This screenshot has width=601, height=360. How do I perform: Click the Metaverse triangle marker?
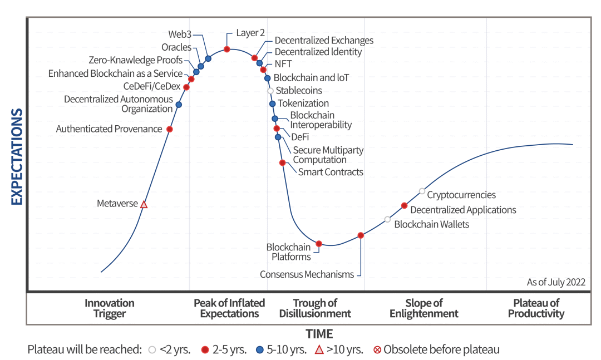144,204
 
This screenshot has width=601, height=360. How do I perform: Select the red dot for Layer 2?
227,50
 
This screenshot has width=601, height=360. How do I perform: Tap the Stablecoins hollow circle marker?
270,91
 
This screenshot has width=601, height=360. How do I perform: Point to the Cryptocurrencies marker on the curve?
422,191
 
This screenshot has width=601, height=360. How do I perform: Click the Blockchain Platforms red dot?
319,244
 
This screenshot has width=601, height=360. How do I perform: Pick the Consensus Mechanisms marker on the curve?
361,235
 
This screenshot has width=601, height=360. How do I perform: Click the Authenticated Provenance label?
109,129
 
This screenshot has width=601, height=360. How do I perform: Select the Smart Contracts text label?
331,172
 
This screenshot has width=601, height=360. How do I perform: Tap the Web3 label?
180,34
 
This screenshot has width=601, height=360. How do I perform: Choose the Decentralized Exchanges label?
324,41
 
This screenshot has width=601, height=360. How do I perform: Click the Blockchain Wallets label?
431,224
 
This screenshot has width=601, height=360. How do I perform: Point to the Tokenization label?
303,103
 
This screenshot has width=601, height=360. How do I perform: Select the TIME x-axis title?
319,334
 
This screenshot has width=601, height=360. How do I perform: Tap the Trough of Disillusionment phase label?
315,308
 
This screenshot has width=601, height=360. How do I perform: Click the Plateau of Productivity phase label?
536,308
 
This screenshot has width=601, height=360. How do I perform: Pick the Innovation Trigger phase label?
110,308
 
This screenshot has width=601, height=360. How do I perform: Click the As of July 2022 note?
556,282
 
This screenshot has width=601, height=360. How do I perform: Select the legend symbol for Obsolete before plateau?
377,350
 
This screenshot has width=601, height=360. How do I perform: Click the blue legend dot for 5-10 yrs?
259,350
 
